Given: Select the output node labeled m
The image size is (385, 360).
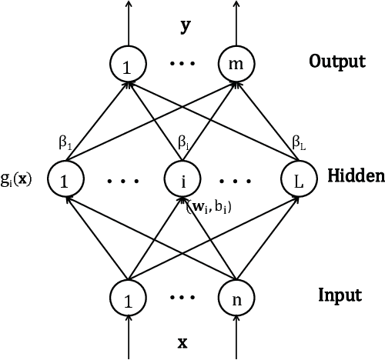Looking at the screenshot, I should coord(236,67).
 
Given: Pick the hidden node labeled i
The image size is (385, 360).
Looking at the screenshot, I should coord(182,181).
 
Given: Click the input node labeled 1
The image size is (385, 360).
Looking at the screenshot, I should coord(128,297).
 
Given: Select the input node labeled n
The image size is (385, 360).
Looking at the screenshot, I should coord(236,297).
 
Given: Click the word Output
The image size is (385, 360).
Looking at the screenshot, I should coord(337,61).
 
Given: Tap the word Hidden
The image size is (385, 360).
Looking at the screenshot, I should coord(355,176).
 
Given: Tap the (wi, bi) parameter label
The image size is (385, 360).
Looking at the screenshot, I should coord(209,207).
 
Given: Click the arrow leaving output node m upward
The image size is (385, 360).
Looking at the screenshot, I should coord(236,23).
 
